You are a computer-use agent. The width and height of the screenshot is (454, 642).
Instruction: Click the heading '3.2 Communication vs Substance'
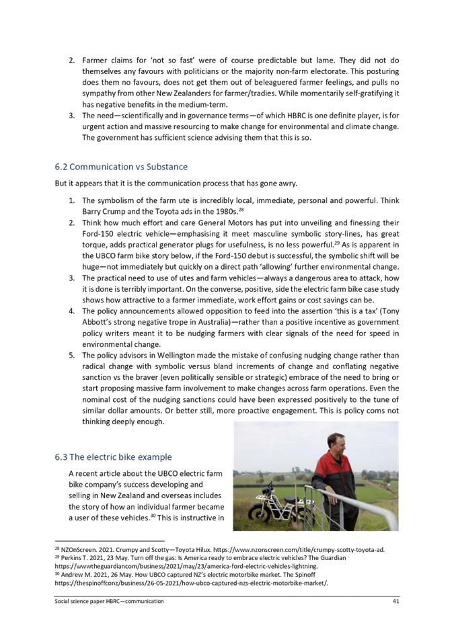pyautogui.click(x=121, y=167)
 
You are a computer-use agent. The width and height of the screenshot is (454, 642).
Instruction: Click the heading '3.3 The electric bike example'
pyautogui.click(x=114, y=457)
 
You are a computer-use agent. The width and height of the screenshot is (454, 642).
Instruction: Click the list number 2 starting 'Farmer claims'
pyautogui.click(x=71, y=61)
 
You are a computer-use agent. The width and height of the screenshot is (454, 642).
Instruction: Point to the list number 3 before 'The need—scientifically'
pyautogui.click(x=71, y=115)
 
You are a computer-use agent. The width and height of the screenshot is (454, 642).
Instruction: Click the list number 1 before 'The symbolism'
pyautogui.click(x=71, y=200)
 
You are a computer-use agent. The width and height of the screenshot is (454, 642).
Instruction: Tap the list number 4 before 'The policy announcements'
pyautogui.click(x=71, y=311)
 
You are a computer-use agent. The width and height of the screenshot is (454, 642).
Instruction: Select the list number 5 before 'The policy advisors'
pyautogui.click(x=71, y=356)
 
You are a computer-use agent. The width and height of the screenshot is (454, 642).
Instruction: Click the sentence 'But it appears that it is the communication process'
pyautogui.click(x=175, y=183)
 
